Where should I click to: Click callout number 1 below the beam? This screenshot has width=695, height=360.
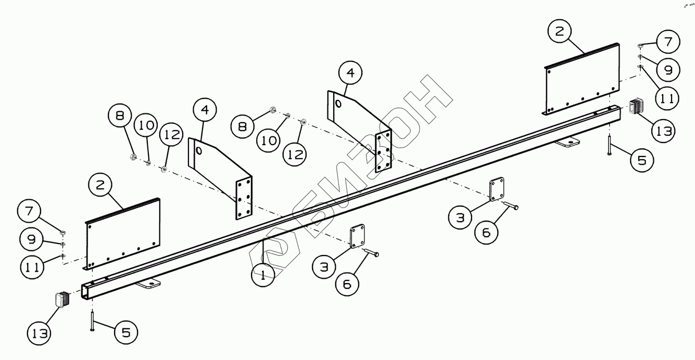click(263, 275)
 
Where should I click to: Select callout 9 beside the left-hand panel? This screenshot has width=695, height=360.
click(31, 239)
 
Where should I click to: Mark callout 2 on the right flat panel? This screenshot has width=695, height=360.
click(559, 31)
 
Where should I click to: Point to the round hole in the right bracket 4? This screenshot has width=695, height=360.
click(339, 104)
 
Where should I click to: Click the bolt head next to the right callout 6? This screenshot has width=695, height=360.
click(515, 208)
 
